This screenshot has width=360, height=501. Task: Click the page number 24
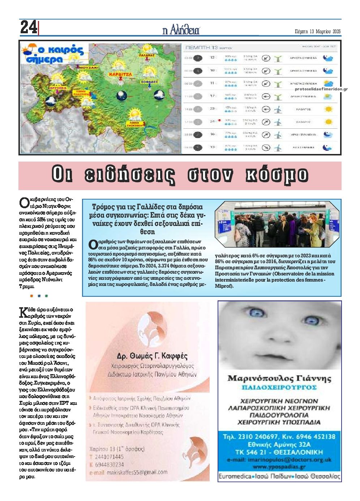[x=29, y=27]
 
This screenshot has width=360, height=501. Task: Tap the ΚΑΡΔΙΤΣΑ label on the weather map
[x=119, y=74]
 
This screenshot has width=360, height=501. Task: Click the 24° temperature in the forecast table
[x=213, y=121]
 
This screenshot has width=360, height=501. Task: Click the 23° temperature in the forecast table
[x=213, y=108]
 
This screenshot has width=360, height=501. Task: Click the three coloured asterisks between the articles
[x=39, y=296]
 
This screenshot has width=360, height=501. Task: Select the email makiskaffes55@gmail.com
[x=132, y=472]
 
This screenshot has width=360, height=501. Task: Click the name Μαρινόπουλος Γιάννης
[x=279, y=378]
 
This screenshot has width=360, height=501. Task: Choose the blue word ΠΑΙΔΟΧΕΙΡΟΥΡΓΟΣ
[x=279, y=387]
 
